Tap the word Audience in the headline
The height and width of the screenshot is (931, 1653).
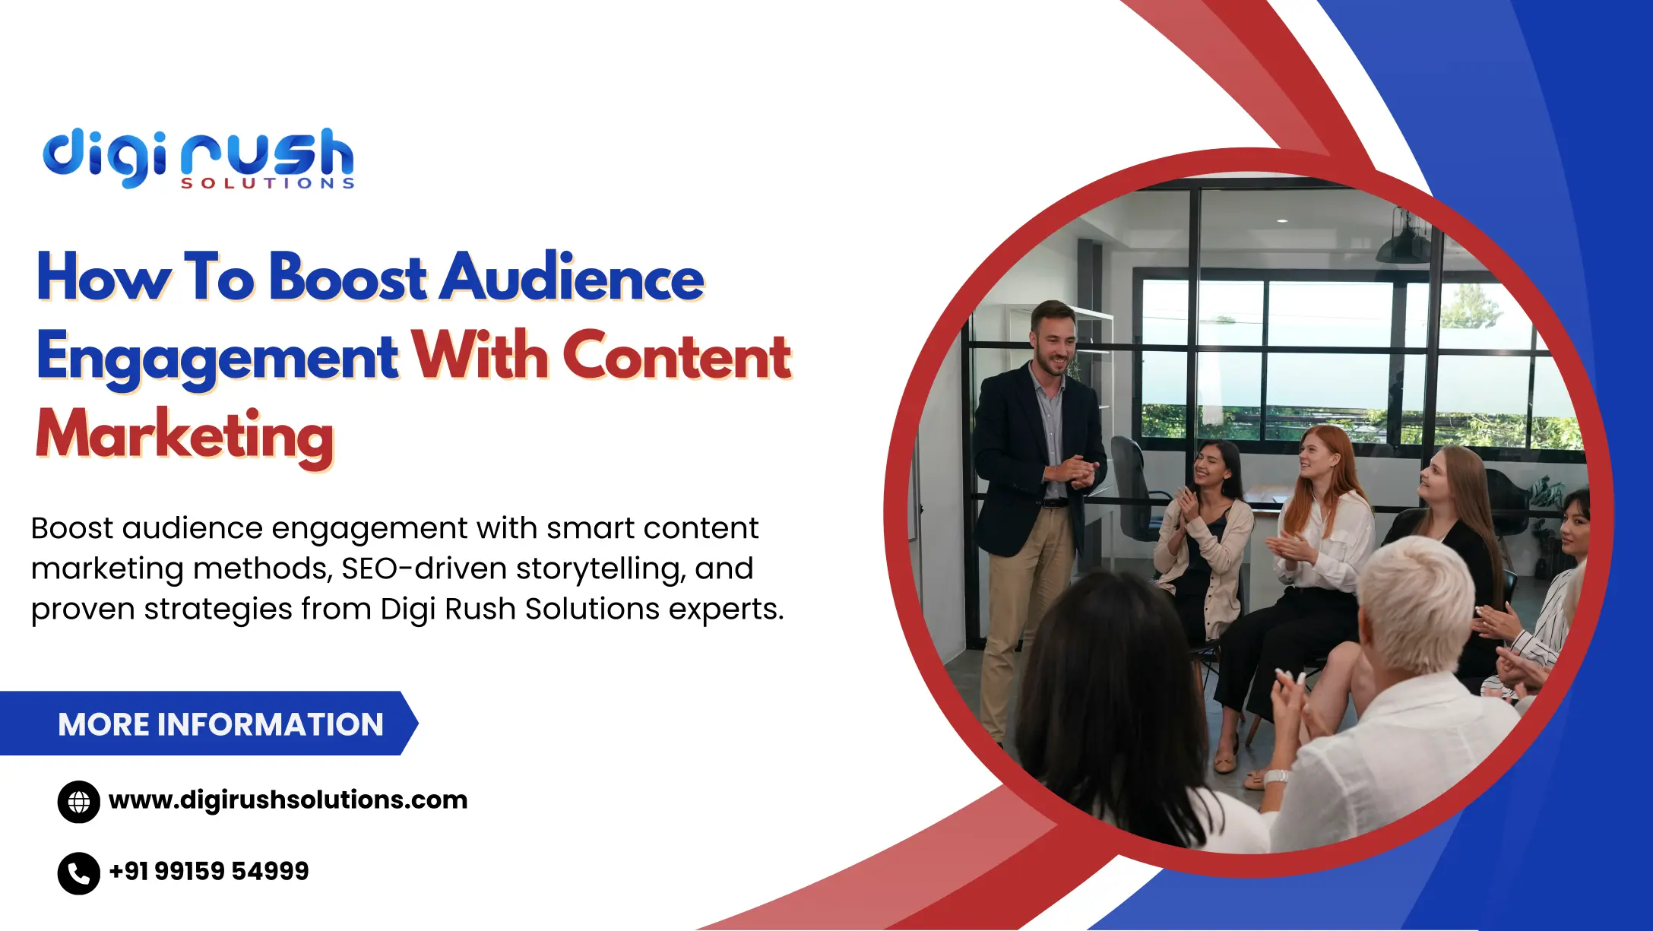click(573, 277)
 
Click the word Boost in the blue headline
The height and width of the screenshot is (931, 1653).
click(348, 277)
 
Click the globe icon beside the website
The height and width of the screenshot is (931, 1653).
click(79, 802)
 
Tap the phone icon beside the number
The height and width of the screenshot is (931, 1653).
click(79, 873)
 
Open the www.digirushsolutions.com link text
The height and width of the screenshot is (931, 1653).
click(288, 800)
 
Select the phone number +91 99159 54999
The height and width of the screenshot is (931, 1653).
click(209, 871)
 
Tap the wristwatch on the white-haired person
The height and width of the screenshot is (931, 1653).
click(1276, 777)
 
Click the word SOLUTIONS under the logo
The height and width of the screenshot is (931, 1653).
click(268, 183)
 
